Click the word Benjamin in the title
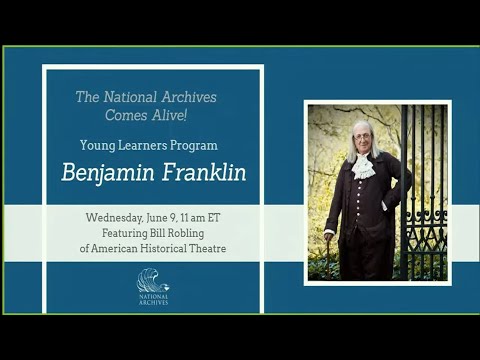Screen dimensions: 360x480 tap(100, 172)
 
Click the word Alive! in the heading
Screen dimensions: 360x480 tap(187, 114)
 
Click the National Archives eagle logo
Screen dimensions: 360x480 tap(153, 280)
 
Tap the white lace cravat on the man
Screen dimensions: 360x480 tap(364, 164)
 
